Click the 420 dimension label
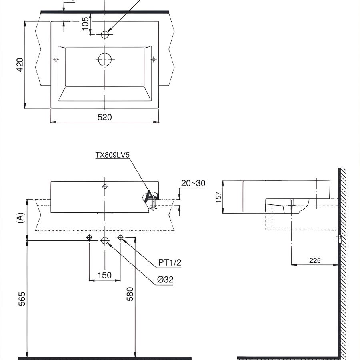(20, 65)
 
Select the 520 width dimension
(105, 117)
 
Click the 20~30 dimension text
(193, 183)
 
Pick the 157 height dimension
(219, 197)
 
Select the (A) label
(20, 218)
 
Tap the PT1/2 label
(170, 262)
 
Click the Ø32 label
(165, 280)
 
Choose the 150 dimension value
(105, 275)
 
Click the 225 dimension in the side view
(315, 260)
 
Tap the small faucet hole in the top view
(105, 35)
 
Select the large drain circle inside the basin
(105, 60)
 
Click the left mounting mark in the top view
(56, 60)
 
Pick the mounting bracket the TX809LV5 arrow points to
(151, 197)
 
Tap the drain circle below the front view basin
(105, 240)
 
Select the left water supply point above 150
(89, 238)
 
